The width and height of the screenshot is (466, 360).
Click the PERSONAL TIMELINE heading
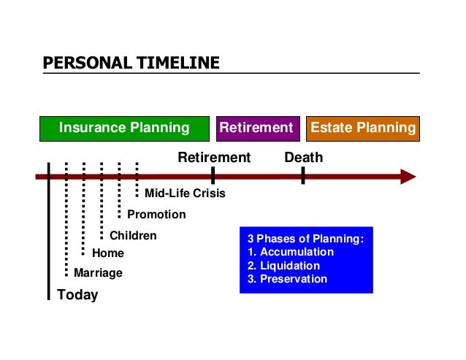pyautogui.click(x=131, y=63)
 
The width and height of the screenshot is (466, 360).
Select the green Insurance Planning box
pyautogui.click(x=123, y=129)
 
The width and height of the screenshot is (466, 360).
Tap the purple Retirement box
pyautogui.click(x=256, y=129)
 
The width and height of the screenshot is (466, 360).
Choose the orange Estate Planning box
pyautogui.click(x=363, y=129)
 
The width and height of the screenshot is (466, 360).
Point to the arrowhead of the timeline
pyautogui.click(x=408, y=177)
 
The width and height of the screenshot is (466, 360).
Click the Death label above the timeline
pyautogui.click(x=303, y=158)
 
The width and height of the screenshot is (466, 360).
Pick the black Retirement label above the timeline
pyautogui.click(x=214, y=158)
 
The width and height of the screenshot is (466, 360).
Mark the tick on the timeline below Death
pyautogui.click(x=303, y=176)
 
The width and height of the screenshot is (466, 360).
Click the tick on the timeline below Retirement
pyautogui.click(x=213, y=176)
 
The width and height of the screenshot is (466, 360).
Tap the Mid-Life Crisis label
pyautogui.click(x=185, y=194)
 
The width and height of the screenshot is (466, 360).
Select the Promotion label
pyautogui.click(x=156, y=215)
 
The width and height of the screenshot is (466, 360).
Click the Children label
pyautogui.click(x=133, y=236)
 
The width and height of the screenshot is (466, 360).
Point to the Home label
pyautogui.click(x=108, y=253)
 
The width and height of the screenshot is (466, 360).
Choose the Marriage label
pyautogui.click(x=99, y=273)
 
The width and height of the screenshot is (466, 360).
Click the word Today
pyautogui.click(x=77, y=295)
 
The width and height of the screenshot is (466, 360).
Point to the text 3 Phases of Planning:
pyautogui.click(x=305, y=239)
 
